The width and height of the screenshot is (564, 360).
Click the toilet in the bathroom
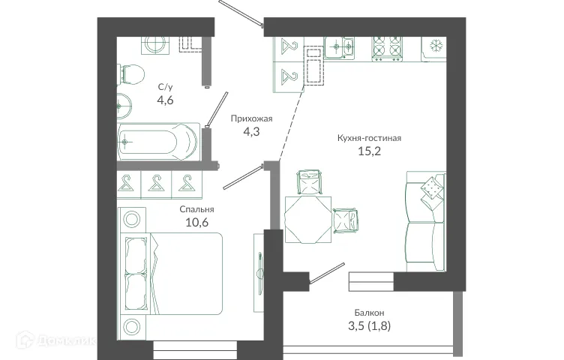(x=132, y=73)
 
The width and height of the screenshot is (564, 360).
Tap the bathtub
(x=157, y=142)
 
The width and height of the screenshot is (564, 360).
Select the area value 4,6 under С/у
(x=165, y=100)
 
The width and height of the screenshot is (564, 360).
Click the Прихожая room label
(x=248, y=118)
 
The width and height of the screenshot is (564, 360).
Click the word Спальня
(x=197, y=210)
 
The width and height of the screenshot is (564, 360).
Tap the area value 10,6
(x=197, y=223)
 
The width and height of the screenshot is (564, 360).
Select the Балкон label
(x=370, y=313)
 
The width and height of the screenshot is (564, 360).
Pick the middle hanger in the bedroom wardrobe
(x=157, y=183)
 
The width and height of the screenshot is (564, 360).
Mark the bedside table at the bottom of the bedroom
(x=132, y=327)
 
